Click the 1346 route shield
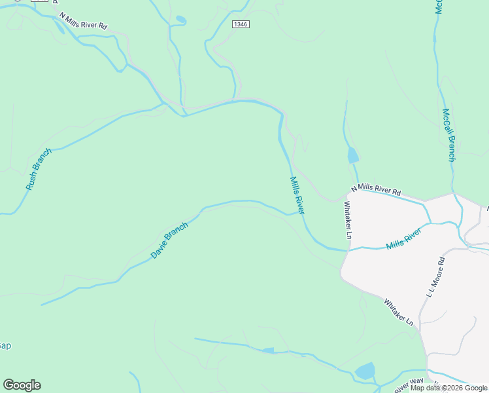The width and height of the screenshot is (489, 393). tap(241, 24)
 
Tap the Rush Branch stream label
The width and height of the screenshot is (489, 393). tap(39, 169)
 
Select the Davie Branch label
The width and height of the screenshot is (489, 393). tap(169, 240)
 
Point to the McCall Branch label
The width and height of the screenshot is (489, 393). tap(448, 135)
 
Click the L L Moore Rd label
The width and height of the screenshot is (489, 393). tap(435, 277)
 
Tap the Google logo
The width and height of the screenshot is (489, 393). tap(22, 385)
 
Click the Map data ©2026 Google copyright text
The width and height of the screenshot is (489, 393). tap(448, 388)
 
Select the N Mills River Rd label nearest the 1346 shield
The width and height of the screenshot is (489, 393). tap(82, 20)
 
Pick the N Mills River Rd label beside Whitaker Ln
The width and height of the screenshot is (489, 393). tap(375, 191)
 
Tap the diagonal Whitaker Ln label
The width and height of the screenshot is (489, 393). tap(399, 312)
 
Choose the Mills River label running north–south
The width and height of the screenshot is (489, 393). tap(297, 195)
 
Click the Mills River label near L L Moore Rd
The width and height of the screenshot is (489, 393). tap(403, 241)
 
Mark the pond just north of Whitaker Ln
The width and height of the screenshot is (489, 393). tap(353, 155)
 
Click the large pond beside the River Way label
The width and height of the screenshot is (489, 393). tap(365, 371)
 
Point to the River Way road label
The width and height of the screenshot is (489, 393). tap(409, 385)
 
